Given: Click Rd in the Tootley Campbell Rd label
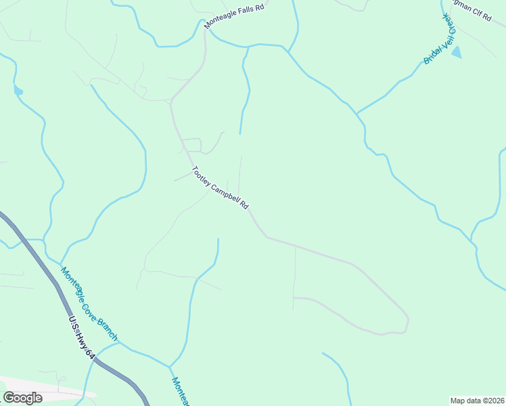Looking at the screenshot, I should (x=245, y=206).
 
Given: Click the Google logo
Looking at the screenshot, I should (x=23, y=398).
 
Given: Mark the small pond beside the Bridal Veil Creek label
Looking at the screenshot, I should (x=457, y=52).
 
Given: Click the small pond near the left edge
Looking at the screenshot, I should (x=18, y=90).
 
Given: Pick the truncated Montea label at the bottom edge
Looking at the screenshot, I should (x=179, y=392).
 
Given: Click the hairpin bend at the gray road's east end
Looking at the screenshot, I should (x=407, y=323).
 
